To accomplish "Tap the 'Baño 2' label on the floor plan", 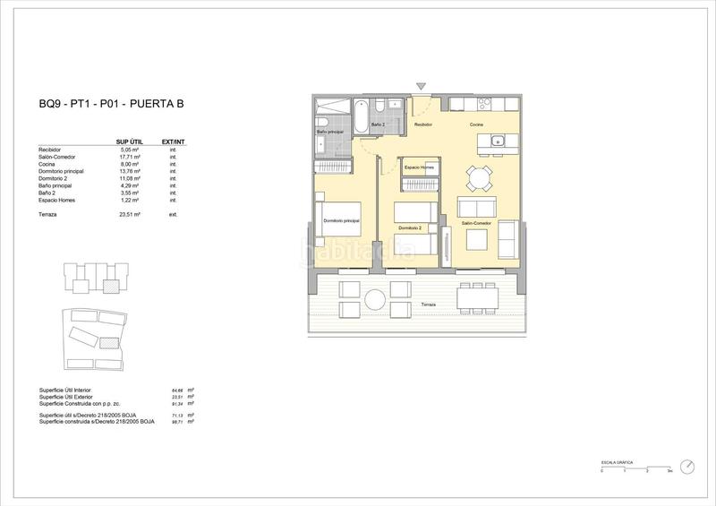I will click(378, 125).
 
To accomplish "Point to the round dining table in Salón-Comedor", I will click(480, 176).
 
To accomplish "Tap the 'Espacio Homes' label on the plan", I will click(418, 167).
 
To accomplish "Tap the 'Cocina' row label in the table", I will click(48, 164).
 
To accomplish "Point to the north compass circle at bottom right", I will click(687, 466).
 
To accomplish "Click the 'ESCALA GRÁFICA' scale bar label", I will click(617, 461).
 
